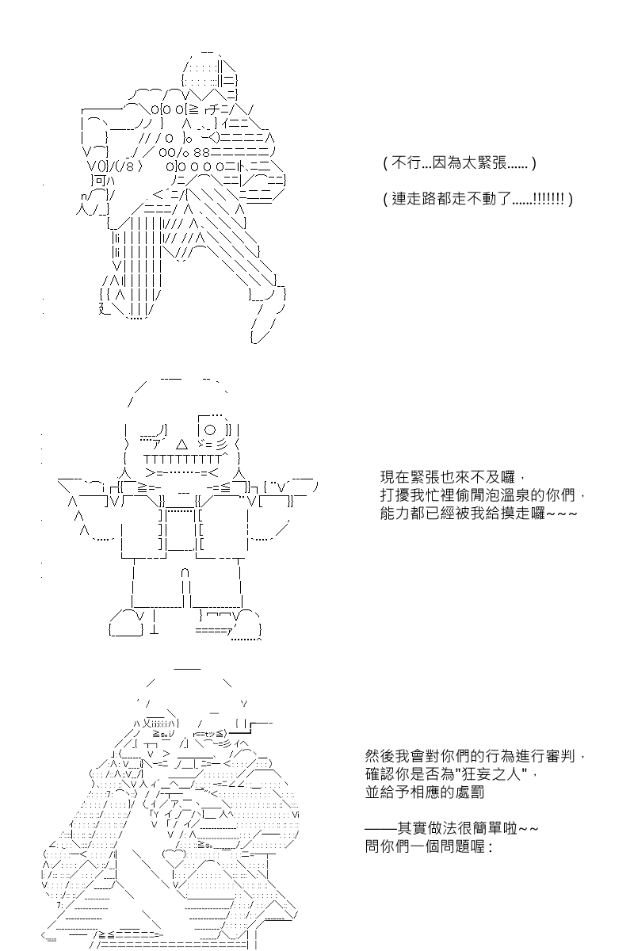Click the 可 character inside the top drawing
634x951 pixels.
pos(100,181)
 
